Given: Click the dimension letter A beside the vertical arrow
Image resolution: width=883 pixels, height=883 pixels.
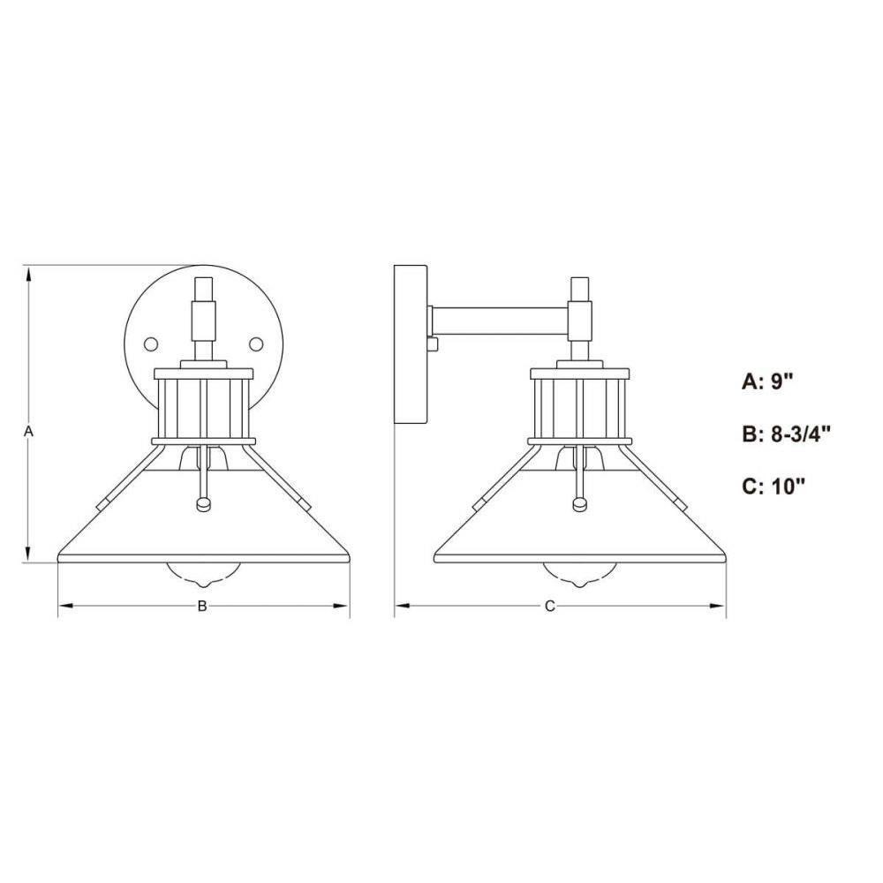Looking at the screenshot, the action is tap(29, 432).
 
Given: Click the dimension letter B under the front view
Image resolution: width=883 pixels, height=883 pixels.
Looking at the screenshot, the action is tap(201, 606).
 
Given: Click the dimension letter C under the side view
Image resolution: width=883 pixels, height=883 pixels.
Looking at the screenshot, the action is tap(549, 606).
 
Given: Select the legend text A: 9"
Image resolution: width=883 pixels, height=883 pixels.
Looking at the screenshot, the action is tap(767, 381).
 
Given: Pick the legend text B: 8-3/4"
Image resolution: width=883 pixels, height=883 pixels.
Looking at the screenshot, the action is tap(786, 434).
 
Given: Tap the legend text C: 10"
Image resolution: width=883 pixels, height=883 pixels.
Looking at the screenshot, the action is tap(774, 486).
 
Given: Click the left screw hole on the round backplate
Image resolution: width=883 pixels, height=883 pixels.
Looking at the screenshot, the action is tap(151, 343).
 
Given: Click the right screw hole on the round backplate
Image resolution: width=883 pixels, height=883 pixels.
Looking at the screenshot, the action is tap(256, 343).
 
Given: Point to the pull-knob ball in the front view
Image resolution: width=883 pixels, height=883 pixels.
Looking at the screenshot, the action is tap(203, 504).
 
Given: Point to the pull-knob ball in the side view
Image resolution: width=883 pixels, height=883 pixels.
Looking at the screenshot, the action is tap(579, 504).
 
